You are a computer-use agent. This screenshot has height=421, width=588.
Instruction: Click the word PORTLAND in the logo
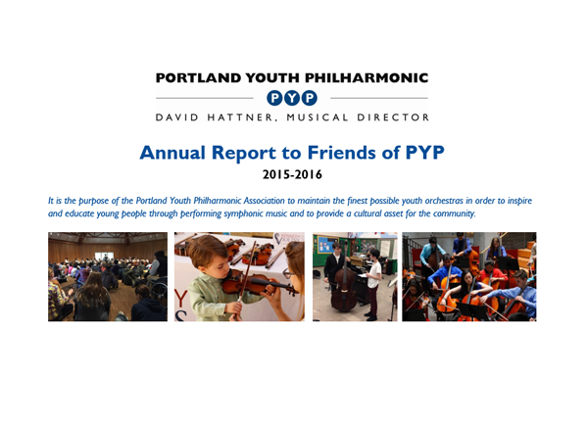point(198,78)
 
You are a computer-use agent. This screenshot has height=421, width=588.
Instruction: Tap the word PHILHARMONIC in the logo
point(367,78)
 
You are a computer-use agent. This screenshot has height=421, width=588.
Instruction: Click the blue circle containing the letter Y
point(292,98)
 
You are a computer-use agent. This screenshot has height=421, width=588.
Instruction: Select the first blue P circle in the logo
point(274,98)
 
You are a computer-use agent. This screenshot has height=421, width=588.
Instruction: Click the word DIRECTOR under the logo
point(393,117)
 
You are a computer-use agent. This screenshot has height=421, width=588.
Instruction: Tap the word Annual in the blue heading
point(172,153)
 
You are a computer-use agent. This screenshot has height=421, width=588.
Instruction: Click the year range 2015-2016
point(292,174)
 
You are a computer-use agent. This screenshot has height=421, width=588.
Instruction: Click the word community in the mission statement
point(454,213)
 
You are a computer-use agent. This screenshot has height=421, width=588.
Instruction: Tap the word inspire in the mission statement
point(519,201)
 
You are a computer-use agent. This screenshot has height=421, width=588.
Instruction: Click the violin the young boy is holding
point(259,284)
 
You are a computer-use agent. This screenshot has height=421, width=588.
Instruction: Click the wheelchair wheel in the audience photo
point(160,290)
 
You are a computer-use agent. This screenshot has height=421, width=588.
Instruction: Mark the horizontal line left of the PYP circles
point(205,98)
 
